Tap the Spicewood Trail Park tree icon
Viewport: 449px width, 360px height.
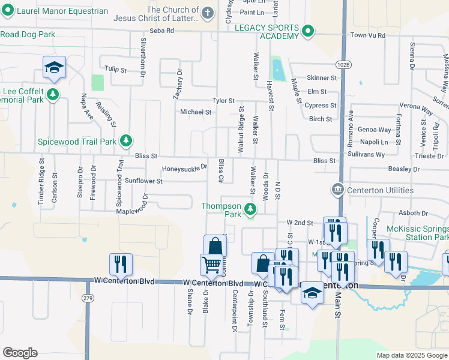point(126,141)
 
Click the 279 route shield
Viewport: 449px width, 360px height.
point(89,298)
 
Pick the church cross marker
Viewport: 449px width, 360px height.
point(208,13)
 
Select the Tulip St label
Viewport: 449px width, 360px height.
point(115,70)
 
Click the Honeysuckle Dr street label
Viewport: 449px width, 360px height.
point(184,168)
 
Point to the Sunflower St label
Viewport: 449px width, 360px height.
point(143,181)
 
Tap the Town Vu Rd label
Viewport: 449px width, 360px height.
point(367,35)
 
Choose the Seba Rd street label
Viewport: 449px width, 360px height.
point(161,31)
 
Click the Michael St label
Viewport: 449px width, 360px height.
point(196,112)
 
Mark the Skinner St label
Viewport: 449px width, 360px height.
point(322,78)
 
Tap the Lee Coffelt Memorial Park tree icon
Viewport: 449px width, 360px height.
point(53,94)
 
